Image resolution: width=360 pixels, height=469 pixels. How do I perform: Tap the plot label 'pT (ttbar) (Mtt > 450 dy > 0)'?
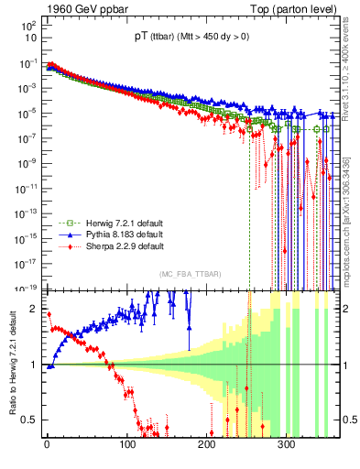[x=184, y=38]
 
